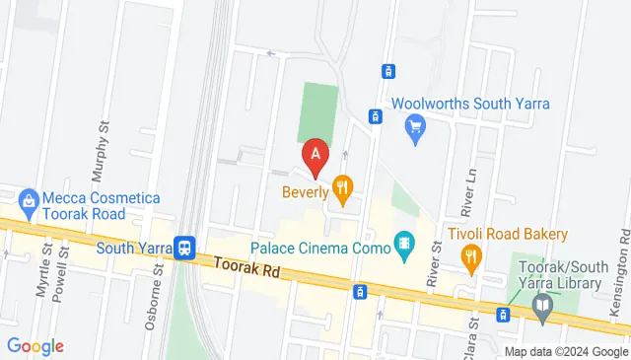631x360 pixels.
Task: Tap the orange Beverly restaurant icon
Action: point(343,185)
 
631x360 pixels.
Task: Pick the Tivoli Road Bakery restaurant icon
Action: point(471,257)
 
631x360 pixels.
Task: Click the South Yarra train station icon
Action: point(183,248)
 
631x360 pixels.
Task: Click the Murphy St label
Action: point(99,154)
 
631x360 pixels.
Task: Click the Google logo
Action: point(35,346)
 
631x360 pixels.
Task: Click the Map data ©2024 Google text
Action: point(566,352)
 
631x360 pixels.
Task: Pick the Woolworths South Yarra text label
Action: point(471,104)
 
